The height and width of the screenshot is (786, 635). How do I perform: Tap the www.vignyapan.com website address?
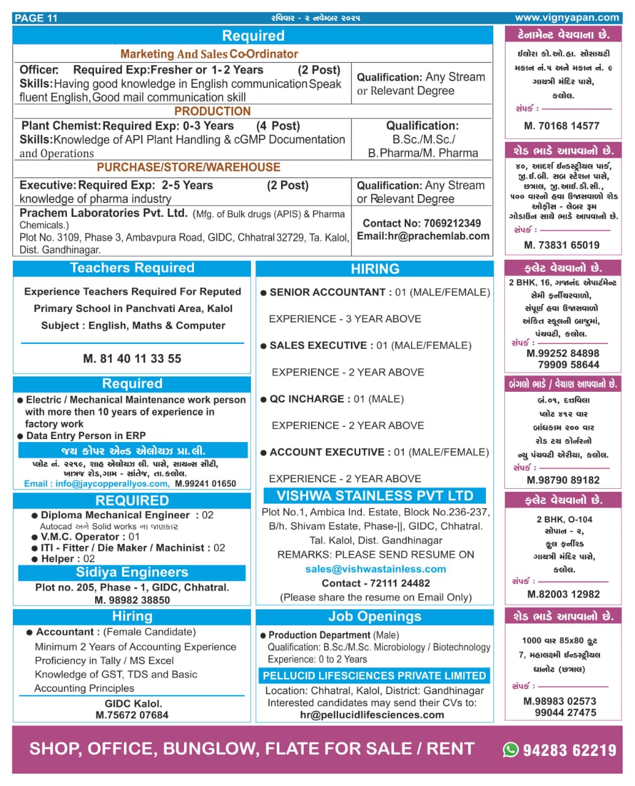pyautogui.click(x=566, y=18)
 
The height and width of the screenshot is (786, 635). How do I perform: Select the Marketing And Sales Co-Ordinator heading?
pyautogui.click(x=209, y=54)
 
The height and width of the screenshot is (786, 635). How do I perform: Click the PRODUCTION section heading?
pyautogui.click(x=212, y=111)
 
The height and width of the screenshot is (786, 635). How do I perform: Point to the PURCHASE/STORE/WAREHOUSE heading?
pyautogui.click(x=188, y=167)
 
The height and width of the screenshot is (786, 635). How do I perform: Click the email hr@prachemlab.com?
pyautogui.click(x=423, y=236)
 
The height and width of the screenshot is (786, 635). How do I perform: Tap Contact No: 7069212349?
pyautogui.click(x=422, y=223)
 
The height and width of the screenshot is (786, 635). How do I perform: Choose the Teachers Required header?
pyautogui.click(x=132, y=268)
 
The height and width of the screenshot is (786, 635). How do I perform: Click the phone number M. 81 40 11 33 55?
pyautogui.click(x=132, y=359)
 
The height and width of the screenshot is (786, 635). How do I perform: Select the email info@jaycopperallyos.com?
pyautogui.click(x=96, y=484)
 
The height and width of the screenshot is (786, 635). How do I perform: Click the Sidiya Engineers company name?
pyautogui.click(x=132, y=572)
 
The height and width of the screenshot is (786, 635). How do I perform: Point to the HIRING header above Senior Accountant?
pyautogui.click(x=375, y=269)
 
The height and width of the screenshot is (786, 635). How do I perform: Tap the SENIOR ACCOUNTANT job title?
pyautogui.click(x=327, y=292)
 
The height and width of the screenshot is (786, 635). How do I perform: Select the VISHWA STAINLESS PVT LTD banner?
pyautogui.click(x=375, y=496)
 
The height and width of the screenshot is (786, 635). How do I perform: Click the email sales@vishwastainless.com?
pyautogui.click(x=375, y=569)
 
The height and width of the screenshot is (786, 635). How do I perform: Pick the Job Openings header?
pyautogui.click(x=375, y=617)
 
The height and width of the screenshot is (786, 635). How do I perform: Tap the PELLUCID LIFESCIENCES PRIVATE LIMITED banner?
pyautogui.click(x=374, y=675)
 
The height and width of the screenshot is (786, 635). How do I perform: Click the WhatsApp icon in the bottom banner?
pyautogui.click(x=510, y=749)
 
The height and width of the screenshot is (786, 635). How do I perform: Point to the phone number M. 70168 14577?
pyautogui.click(x=561, y=126)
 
